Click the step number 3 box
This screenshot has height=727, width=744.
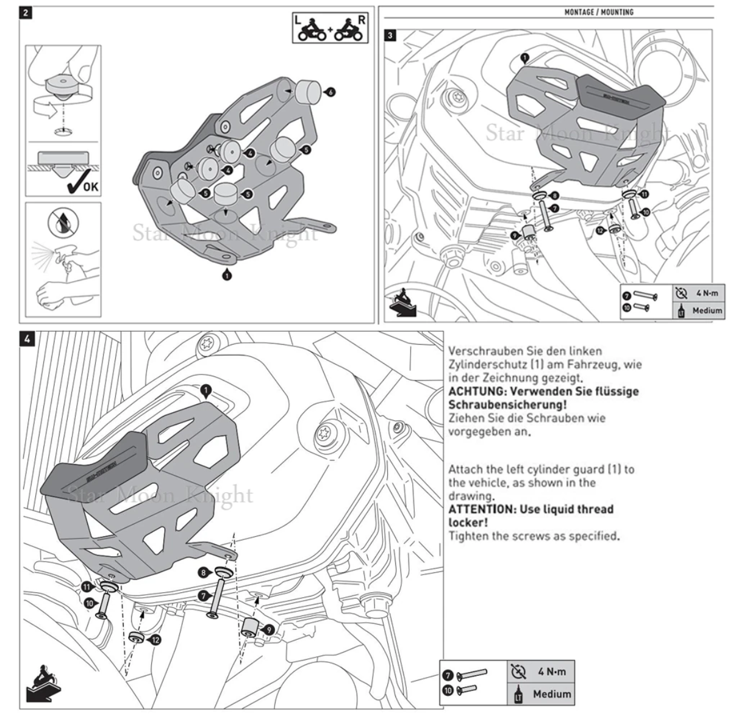(x=390, y=35)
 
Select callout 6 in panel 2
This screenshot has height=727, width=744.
(x=331, y=92)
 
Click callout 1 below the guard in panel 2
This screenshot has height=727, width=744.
(x=227, y=276)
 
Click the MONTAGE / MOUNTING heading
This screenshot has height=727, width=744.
(x=598, y=12)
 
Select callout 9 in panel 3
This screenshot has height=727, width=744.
(x=514, y=234)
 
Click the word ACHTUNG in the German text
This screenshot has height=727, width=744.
(x=472, y=391)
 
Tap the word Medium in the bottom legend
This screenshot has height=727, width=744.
(x=552, y=694)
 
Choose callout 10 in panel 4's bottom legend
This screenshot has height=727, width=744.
(x=448, y=690)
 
